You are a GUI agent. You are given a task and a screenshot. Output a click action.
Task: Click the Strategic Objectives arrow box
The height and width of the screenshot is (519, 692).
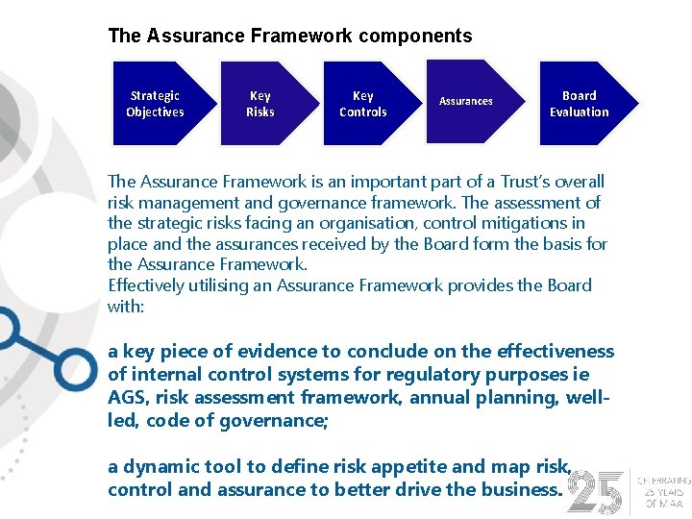click(155, 103)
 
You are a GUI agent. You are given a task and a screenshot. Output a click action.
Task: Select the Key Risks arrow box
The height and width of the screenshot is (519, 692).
click(260, 103)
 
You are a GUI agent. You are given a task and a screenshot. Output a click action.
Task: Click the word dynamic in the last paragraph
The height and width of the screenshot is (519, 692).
click(153, 466)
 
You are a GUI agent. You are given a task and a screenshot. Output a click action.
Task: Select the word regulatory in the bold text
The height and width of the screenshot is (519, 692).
click(415, 374)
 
